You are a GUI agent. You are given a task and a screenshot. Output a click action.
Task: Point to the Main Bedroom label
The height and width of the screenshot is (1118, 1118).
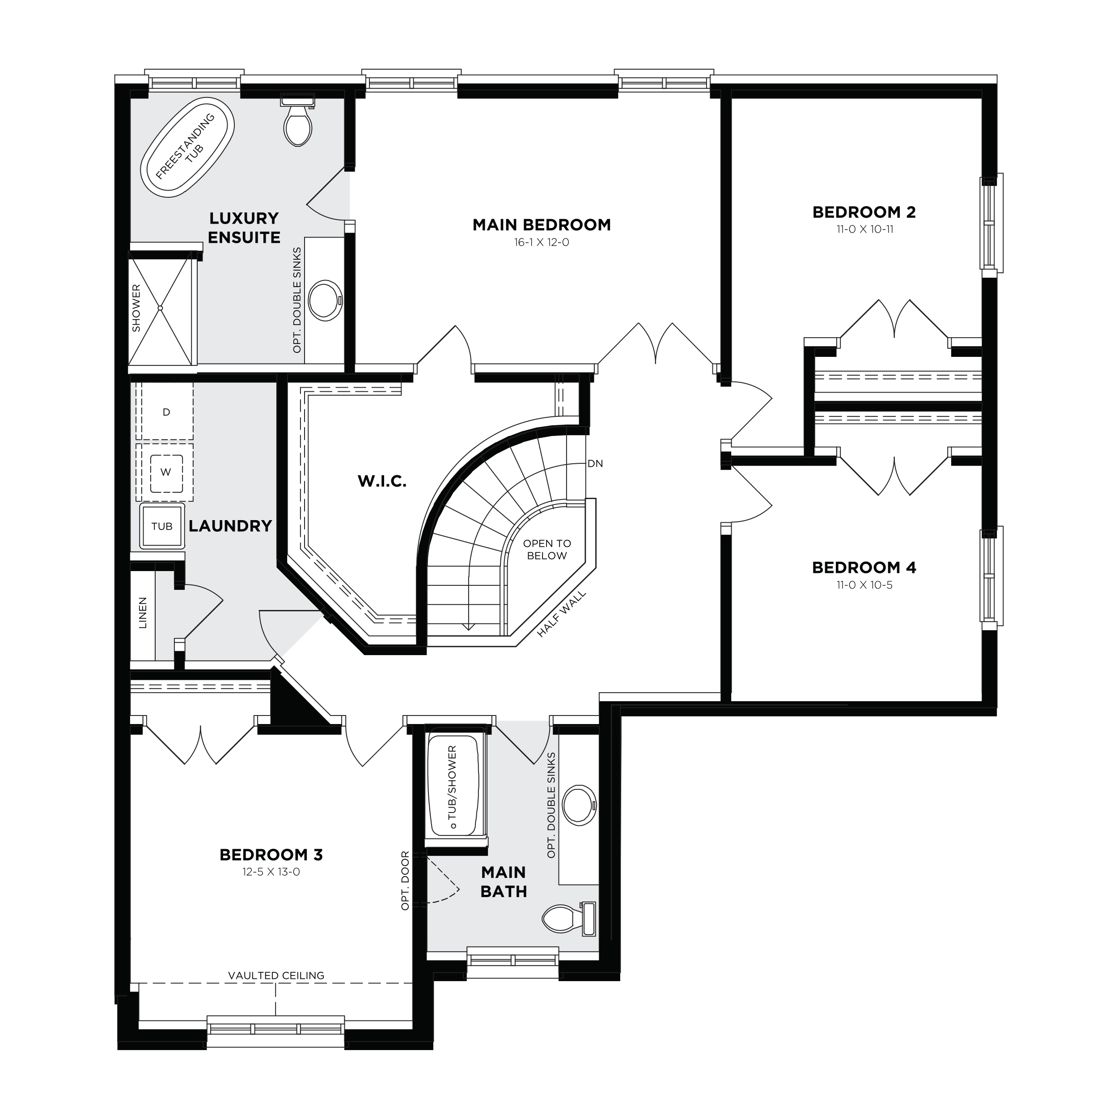(542, 224)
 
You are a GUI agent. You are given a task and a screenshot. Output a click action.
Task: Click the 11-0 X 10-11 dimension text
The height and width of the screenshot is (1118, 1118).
(864, 229)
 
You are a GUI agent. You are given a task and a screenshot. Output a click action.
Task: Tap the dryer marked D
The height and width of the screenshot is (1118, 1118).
(165, 411)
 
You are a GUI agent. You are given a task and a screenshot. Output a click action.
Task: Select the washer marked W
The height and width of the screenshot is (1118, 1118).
(165, 472)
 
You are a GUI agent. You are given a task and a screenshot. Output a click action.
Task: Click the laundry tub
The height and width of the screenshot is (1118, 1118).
(162, 526)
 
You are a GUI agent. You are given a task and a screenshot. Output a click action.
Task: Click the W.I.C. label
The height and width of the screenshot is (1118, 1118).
(382, 481)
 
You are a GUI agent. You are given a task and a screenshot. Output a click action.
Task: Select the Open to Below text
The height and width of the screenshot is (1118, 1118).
(547, 550)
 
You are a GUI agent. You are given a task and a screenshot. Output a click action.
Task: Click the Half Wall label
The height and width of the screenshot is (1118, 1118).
(561, 614)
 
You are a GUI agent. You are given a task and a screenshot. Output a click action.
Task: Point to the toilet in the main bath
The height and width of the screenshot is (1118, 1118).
(569, 919)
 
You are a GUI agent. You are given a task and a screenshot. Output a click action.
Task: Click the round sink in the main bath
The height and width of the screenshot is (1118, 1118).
(579, 805)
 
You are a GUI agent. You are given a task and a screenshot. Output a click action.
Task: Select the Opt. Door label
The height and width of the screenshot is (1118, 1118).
(405, 880)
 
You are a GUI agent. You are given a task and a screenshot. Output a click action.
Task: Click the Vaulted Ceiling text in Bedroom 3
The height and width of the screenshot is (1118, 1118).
(276, 975)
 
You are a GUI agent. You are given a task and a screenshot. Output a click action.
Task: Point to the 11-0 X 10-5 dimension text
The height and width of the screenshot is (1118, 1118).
(864, 585)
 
